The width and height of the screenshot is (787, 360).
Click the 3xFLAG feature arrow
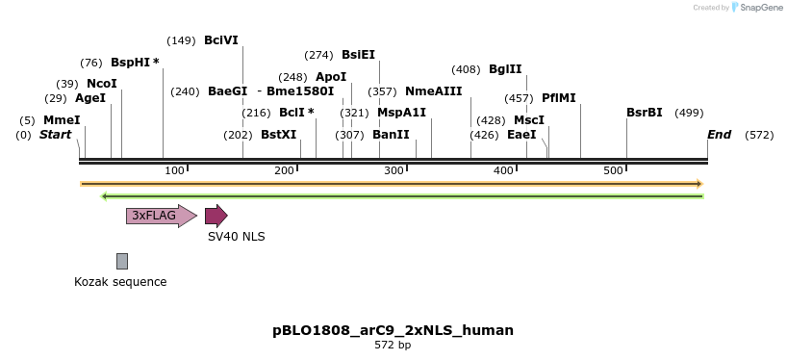[x=160, y=216]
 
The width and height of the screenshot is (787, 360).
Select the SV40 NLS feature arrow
[x=216, y=216]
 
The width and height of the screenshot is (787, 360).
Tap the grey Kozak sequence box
[x=122, y=261]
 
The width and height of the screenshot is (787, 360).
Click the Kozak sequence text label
[x=120, y=282]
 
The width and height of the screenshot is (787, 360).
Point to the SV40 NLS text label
[x=237, y=236]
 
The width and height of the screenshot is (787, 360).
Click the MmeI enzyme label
[x=62, y=120]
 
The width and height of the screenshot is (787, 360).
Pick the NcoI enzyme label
[x=101, y=84]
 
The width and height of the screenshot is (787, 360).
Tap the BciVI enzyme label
[x=221, y=40]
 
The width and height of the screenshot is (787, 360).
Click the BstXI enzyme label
[x=279, y=135]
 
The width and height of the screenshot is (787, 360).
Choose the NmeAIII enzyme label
[x=433, y=91]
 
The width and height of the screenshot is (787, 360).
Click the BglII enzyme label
[x=505, y=69]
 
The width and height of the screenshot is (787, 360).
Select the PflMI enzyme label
[x=558, y=98]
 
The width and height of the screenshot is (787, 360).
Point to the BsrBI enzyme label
[x=644, y=113]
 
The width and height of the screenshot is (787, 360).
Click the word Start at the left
[x=55, y=135]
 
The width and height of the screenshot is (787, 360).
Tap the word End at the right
[x=719, y=135]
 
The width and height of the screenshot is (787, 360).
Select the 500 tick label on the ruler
[x=614, y=171]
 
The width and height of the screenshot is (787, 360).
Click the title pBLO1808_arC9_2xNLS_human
[x=393, y=330]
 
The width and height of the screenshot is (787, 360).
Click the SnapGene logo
[x=759, y=8]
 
